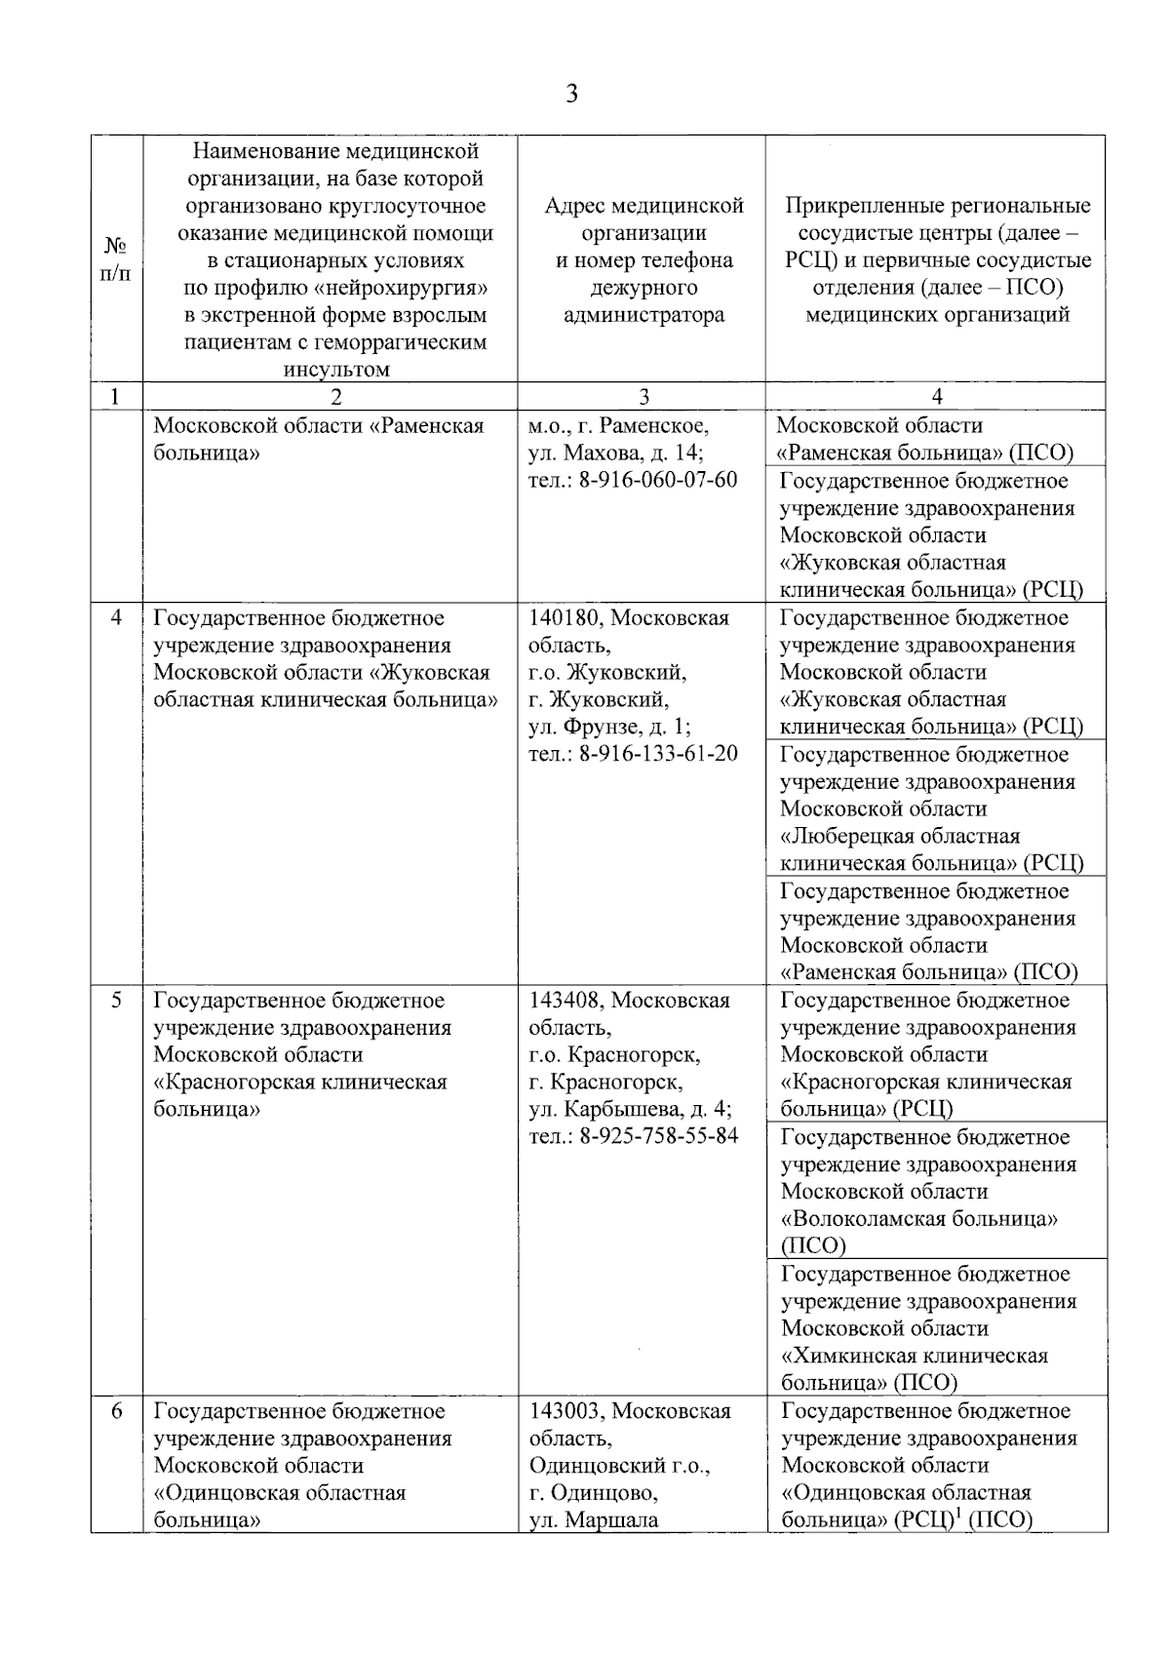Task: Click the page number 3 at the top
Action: point(572,95)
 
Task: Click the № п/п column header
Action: point(116,259)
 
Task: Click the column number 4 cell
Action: point(937,396)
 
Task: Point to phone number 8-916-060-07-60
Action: point(658,481)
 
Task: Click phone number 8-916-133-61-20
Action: point(658,754)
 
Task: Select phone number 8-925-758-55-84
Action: point(658,1136)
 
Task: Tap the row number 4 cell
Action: point(116,618)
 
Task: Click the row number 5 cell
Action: point(116,1001)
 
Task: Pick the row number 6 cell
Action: point(116,1411)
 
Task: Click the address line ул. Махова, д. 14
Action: point(616,453)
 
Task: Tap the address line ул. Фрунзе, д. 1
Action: point(609,727)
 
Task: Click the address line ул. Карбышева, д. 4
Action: point(630,1110)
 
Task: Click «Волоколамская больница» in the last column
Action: point(919,1219)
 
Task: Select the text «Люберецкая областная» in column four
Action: point(900,837)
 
